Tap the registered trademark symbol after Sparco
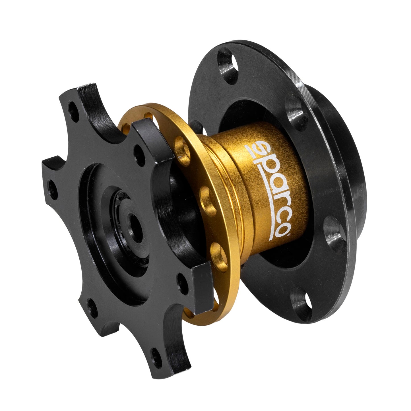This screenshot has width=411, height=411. click(x=288, y=234)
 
